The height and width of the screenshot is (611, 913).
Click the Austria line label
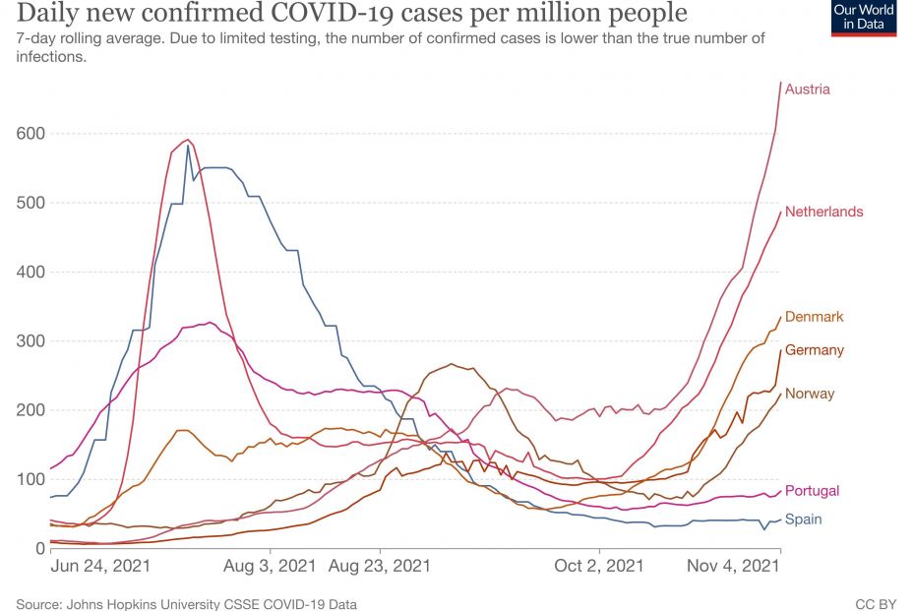click(807, 90)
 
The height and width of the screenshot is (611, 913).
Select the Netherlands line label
click(823, 212)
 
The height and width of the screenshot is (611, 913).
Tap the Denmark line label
click(814, 317)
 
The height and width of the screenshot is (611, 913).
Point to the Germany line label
click(814, 350)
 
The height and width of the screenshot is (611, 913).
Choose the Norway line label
click(809, 394)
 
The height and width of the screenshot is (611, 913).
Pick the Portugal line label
click(812, 491)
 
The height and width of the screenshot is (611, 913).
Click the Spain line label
click(803, 519)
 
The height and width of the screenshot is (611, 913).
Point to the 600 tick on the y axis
click(30, 134)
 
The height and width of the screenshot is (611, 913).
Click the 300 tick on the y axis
click(30, 341)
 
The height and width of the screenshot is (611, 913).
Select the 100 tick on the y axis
click(30, 480)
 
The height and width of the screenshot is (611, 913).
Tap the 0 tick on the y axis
click(40, 549)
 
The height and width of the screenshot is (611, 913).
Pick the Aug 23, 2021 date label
click(379, 567)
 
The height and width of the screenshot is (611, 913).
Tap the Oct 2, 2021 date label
click(598, 567)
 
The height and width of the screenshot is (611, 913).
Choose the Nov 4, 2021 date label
click(732, 567)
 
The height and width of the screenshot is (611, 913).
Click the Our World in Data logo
click(864, 17)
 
